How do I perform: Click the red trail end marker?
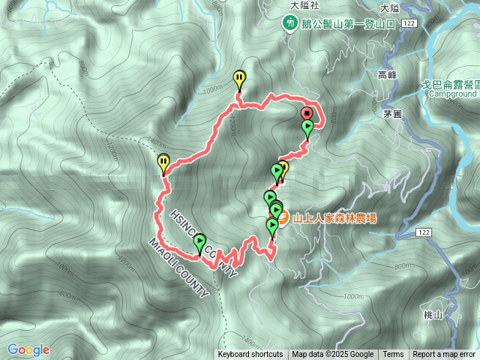(x=307, y=113)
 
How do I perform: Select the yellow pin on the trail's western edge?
(x=163, y=160)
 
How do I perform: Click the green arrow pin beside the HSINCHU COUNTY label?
(x=199, y=241)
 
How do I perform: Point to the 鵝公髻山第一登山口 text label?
(x=344, y=23)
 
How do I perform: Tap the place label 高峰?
(x=387, y=75)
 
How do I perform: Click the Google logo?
(x=28, y=349)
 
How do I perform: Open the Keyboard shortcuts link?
(x=250, y=355)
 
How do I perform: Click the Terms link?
(x=393, y=355)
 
